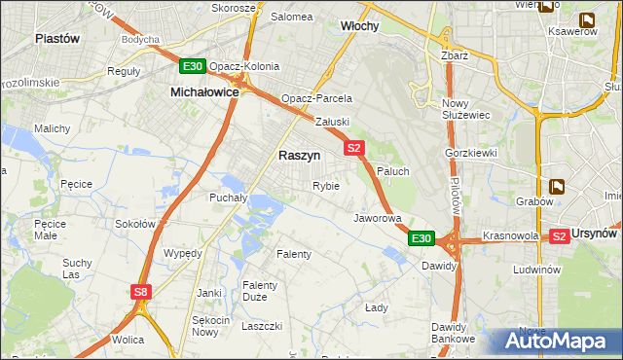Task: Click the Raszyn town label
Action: [x=300, y=156]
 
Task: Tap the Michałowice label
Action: [x=204, y=90]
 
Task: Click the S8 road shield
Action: [x=142, y=291]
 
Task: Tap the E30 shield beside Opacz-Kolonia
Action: [x=192, y=66]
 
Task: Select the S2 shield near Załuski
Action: [x=354, y=148]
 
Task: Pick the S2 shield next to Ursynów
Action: [x=559, y=236]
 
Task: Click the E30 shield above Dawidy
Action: [x=421, y=238]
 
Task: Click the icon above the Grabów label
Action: [x=557, y=186]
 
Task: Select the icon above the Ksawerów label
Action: [x=587, y=18]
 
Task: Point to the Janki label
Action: [x=209, y=292]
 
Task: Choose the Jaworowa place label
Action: [x=378, y=218]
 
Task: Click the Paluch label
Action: [x=393, y=170]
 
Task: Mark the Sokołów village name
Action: [x=136, y=224]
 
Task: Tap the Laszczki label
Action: [x=262, y=326]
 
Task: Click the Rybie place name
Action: [x=326, y=186]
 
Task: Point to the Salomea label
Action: [x=291, y=17]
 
